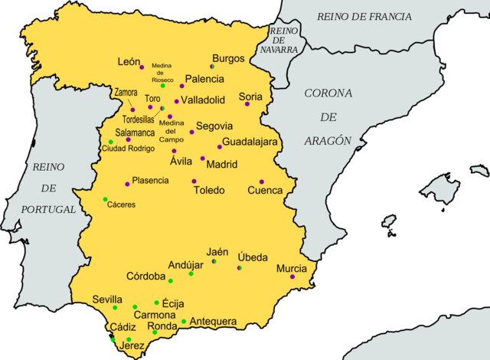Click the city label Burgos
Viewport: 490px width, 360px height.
[x=228, y=58]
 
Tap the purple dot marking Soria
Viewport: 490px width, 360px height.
[x=247, y=103]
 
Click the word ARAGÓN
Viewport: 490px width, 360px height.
[x=327, y=141]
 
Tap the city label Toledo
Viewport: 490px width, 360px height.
[x=209, y=190]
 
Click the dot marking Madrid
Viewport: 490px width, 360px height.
[x=202, y=159]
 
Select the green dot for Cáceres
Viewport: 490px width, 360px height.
[x=106, y=200]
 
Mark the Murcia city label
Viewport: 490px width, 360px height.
[x=291, y=269]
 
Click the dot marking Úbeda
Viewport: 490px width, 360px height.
[x=240, y=268]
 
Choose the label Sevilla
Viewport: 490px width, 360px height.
[x=107, y=299]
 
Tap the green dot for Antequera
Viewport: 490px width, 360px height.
[x=184, y=321]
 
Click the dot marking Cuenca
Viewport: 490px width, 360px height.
[x=262, y=182]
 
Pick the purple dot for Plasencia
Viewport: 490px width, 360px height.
[x=127, y=184]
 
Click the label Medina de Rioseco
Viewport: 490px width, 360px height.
[x=162, y=73]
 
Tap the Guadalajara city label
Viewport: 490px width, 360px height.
[x=250, y=142]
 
